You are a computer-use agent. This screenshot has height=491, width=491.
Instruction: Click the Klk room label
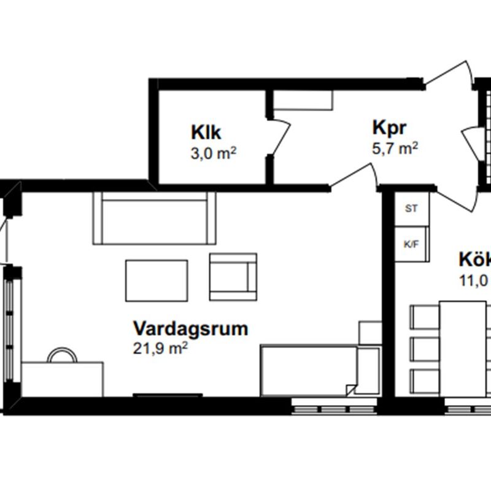(206, 132)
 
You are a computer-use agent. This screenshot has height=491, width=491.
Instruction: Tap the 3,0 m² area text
(214, 153)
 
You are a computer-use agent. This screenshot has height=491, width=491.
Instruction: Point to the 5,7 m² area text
(395, 149)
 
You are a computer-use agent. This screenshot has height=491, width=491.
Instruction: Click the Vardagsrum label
(191, 328)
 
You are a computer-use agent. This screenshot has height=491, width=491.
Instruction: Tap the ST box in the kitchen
(411, 209)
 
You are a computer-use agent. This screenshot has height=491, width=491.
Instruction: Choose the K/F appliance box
(411, 244)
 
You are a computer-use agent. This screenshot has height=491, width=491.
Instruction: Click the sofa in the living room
(154, 217)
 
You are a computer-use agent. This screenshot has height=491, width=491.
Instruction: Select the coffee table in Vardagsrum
(157, 280)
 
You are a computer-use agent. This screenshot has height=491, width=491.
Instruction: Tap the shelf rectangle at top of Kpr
(303, 101)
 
